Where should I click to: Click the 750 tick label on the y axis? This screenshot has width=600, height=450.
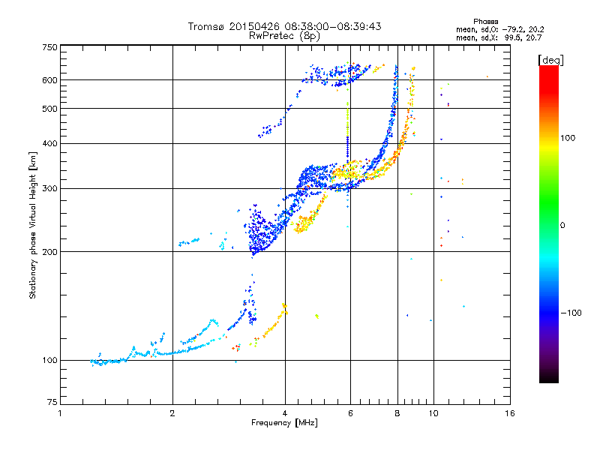pyautogui.click(x=50, y=46)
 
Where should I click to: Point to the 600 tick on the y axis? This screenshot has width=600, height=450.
pyautogui.click(x=50, y=79)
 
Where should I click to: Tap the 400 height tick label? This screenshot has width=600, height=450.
pyautogui.click(x=50, y=143)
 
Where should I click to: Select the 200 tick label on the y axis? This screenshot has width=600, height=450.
pyautogui.click(x=50, y=251)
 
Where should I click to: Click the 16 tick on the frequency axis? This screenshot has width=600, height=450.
pyautogui.click(x=510, y=413)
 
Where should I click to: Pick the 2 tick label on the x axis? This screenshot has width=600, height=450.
pyautogui.click(x=172, y=413)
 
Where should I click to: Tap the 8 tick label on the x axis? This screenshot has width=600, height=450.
pyautogui.click(x=397, y=413)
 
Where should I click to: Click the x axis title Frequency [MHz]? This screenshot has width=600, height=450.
pyautogui.click(x=284, y=423)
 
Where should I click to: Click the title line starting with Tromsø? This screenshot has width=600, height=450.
pyautogui.click(x=284, y=26)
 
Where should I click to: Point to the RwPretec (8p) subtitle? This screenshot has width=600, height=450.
pyautogui.click(x=284, y=35)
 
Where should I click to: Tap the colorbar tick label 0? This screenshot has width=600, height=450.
pyautogui.click(x=562, y=225)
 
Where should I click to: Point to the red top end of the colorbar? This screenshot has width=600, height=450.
pyautogui.click(x=548, y=69)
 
